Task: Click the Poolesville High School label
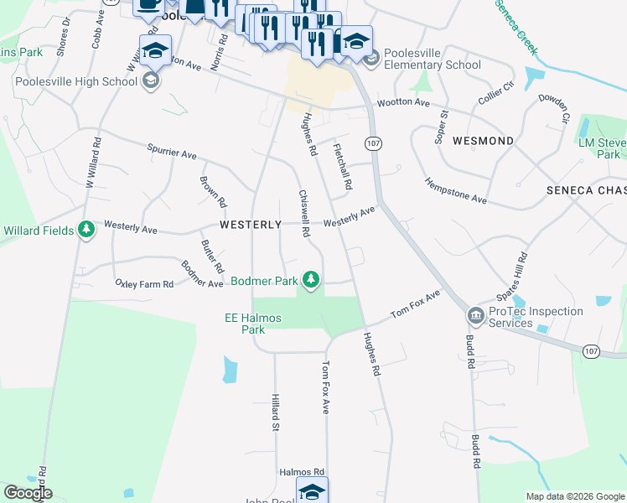click(75, 82)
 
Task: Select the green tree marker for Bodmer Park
click(311, 278)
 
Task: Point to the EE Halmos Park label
click(252, 324)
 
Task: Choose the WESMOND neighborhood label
click(482, 141)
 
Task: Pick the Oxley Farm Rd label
click(143, 284)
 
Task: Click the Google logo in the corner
click(27, 493)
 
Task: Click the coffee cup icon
click(148, 4)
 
